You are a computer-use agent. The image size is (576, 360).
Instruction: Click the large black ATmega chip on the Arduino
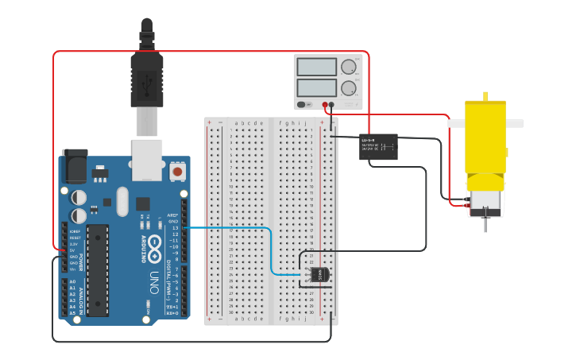97,270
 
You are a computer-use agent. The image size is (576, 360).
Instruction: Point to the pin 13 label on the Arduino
175,228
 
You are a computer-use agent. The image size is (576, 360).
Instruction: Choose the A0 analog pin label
72,282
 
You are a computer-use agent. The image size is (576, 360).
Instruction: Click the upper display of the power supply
316,67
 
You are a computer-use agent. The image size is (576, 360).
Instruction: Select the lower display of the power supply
316,87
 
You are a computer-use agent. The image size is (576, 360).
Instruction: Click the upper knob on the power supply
348,68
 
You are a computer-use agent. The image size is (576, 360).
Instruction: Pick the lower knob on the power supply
348,87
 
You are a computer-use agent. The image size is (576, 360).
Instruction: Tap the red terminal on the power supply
326,104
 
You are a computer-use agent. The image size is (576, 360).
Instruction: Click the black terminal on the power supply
333,104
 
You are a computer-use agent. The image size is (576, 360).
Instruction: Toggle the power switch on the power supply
303,104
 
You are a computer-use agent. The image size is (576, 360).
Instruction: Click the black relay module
378,146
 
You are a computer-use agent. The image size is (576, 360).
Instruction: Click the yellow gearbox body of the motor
485,147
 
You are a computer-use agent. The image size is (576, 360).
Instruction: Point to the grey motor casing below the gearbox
485,202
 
